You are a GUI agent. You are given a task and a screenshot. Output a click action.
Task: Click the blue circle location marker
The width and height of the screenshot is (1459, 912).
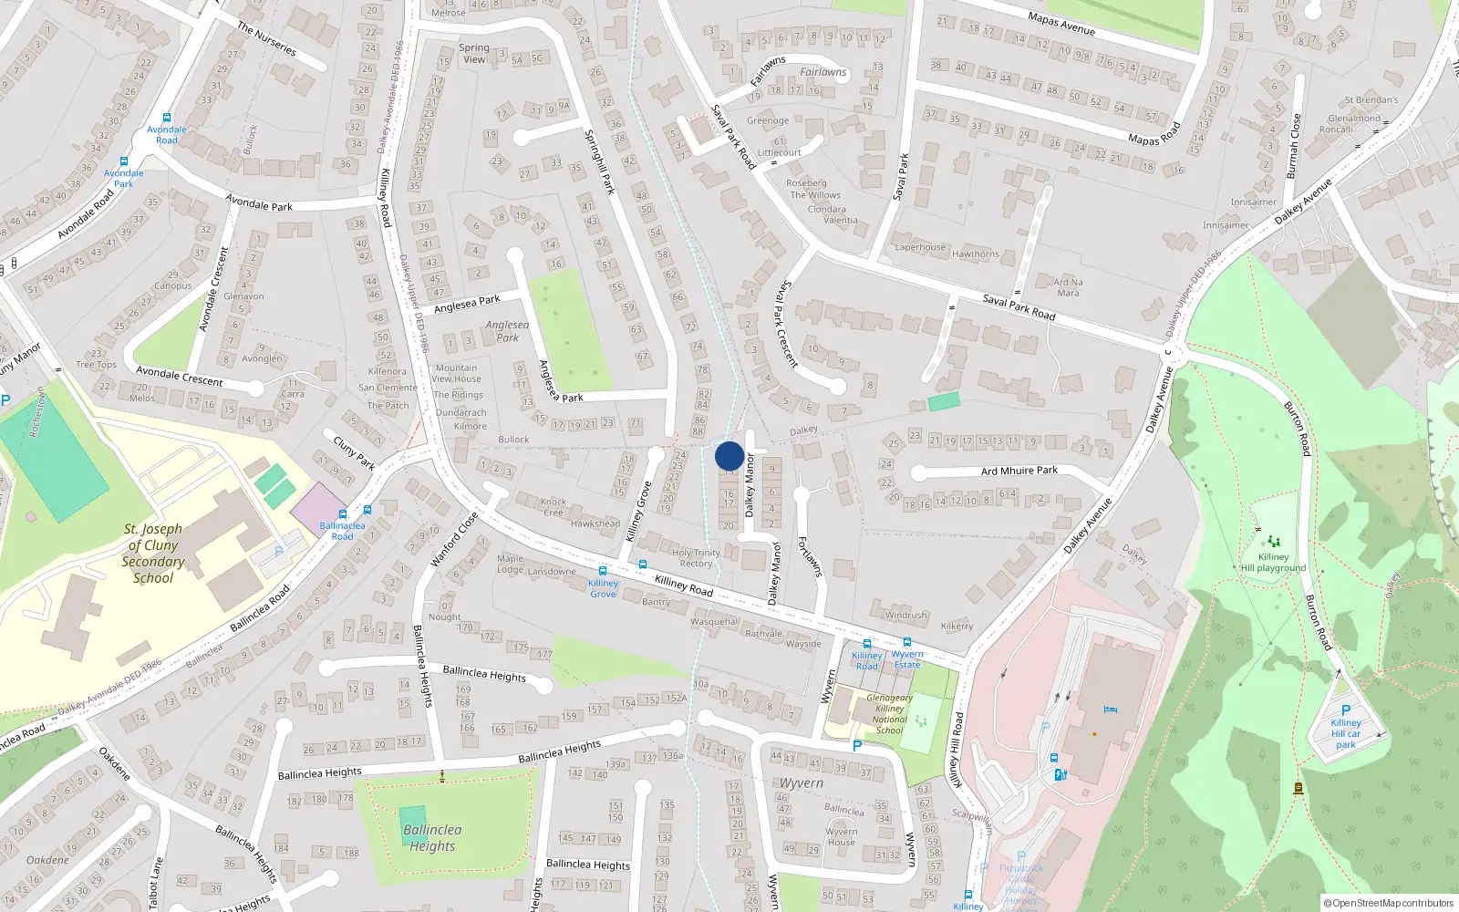point(729,456)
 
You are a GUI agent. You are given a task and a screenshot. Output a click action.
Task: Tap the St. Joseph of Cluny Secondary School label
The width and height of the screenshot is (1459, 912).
point(153,553)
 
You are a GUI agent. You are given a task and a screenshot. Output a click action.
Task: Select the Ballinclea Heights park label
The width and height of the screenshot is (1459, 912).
point(432,837)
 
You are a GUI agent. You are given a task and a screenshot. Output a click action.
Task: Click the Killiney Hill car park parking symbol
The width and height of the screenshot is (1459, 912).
point(1345,710)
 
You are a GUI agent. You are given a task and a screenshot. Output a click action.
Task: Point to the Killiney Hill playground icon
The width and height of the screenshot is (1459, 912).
point(1273,542)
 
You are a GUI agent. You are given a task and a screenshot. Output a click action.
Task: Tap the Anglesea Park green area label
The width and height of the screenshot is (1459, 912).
point(507,331)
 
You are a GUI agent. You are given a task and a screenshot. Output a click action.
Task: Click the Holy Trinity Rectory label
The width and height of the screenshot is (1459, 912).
point(696,558)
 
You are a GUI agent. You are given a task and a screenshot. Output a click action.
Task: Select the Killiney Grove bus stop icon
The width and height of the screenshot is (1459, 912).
point(603,570)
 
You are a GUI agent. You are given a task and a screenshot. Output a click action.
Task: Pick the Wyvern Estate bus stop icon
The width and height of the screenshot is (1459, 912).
point(907,642)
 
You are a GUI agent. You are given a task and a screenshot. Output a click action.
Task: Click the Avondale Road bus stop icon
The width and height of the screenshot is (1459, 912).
point(167,118)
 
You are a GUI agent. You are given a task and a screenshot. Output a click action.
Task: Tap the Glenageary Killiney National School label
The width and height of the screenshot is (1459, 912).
point(889,714)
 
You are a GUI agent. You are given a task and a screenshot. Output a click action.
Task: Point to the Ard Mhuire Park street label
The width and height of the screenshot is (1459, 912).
point(1019,471)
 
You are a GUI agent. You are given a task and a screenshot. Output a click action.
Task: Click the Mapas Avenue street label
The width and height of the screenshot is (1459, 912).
point(1061,23)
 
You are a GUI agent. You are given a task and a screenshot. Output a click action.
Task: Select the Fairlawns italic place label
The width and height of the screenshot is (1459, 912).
point(823,72)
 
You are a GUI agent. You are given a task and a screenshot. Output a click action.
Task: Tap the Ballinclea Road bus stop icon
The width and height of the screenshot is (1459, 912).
point(343,513)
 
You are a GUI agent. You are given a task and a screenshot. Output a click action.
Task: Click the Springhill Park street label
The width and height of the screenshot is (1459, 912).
point(599,161)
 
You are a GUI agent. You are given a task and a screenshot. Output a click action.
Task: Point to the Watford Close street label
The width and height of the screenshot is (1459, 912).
point(454,539)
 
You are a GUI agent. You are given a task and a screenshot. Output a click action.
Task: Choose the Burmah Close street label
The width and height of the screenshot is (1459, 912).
point(1293,146)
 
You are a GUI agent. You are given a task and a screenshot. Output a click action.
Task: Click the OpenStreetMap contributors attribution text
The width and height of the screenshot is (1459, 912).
point(1388,903)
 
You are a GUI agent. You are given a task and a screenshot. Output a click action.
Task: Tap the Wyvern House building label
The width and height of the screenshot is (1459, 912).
point(841,836)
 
